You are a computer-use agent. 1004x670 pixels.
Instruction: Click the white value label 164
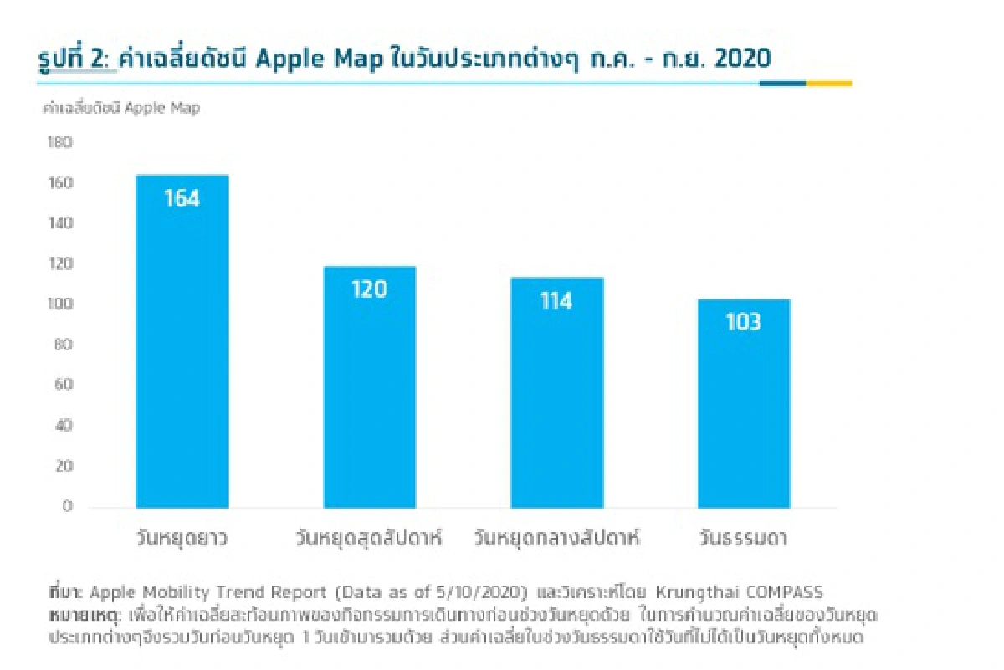coord(182,198)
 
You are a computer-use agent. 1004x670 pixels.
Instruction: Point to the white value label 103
coord(744,321)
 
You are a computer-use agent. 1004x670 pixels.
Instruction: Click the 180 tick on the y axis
coord(61,143)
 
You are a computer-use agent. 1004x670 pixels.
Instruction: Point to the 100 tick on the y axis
coord(61,304)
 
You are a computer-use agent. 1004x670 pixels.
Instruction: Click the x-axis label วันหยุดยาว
coord(182,538)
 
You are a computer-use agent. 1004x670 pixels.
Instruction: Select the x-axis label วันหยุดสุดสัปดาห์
coord(369,538)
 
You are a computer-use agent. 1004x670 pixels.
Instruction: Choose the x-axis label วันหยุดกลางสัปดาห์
coord(556,538)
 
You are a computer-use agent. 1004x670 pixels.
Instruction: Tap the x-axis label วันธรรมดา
coord(744,538)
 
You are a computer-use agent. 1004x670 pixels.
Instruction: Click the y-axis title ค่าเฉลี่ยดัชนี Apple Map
coord(121,108)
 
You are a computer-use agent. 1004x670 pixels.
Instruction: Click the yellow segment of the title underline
coord(829,84)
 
